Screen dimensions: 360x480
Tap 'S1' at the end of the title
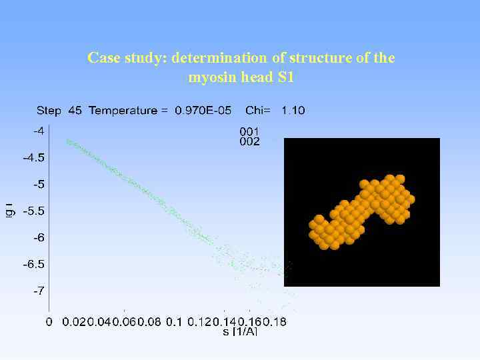coord(285,77)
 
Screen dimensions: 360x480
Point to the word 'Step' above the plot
coord(49,111)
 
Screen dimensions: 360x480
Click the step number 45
coord(75,111)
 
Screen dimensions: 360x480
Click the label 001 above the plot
coord(249,131)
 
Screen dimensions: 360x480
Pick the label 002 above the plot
coord(249,141)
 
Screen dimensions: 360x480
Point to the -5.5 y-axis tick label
coord(34,211)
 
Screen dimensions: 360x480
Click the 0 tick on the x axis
coord(49,322)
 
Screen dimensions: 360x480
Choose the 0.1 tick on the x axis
coord(173,322)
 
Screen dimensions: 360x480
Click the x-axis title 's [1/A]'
coord(239,331)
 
